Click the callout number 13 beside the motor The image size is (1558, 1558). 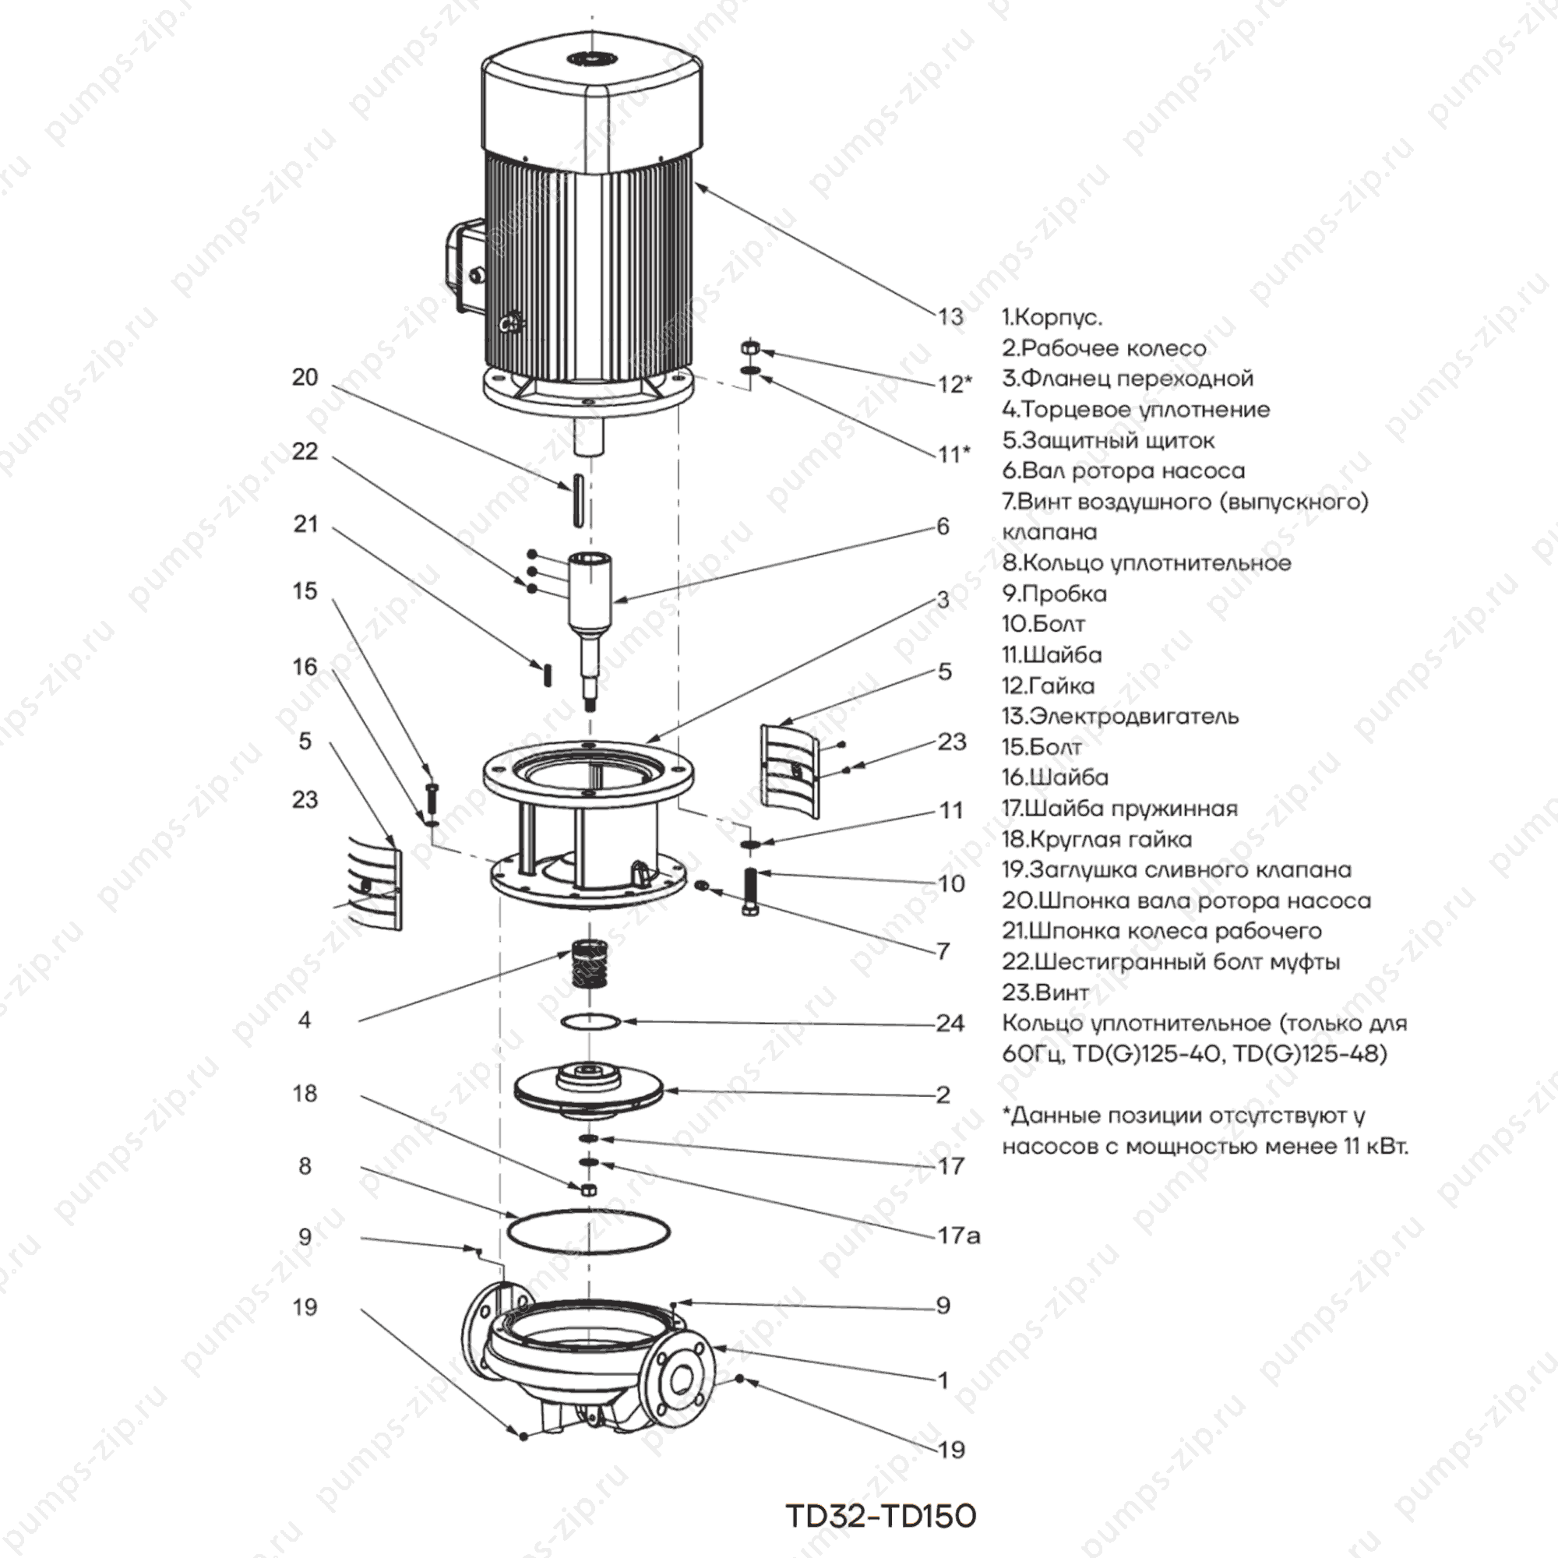point(950,317)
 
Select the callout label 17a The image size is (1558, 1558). point(958,1235)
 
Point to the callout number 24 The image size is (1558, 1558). point(950,1024)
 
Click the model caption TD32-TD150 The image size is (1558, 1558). point(880,1516)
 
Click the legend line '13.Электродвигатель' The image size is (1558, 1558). point(1120,716)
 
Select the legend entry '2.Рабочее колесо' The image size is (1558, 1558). point(1104,348)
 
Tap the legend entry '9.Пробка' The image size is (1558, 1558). point(1054,594)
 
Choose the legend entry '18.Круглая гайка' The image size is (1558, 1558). point(1097,839)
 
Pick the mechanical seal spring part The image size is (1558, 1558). point(590,963)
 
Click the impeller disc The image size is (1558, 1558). point(589,1089)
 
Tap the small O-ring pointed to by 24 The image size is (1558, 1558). point(590,1022)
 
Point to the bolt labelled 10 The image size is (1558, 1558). point(750,892)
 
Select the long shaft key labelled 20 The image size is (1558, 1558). point(577,502)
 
